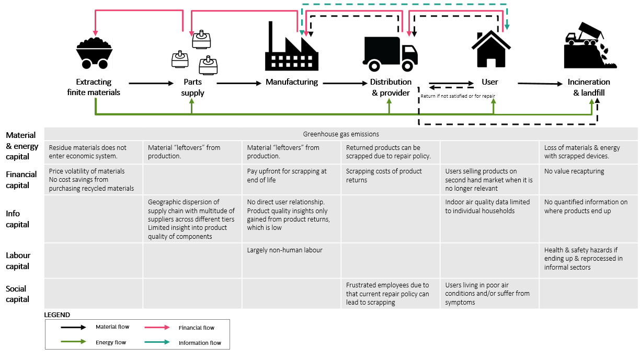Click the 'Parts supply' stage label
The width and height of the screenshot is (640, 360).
pyautogui.click(x=192, y=87)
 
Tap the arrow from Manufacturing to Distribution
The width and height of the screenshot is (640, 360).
pyautogui.click(x=344, y=83)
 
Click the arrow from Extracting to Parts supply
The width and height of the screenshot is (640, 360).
pyautogui.click(x=151, y=83)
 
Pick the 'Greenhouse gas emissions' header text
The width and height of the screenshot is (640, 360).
pyautogui.click(x=340, y=134)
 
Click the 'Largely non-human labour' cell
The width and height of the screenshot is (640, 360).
pyautogui.click(x=284, y=250)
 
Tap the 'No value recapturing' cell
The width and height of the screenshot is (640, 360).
pyautogui.click(x=574, y=171)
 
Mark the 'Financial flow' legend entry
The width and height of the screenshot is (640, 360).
pyautogui.click(x=197, y=328)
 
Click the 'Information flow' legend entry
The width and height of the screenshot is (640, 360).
pyautogui.click(x=200, y=343)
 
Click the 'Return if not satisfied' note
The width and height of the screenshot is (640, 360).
pyautogui.click(x=458, y=96)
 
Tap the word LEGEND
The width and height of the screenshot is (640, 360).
pyautogui.click(x=57, y=315)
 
